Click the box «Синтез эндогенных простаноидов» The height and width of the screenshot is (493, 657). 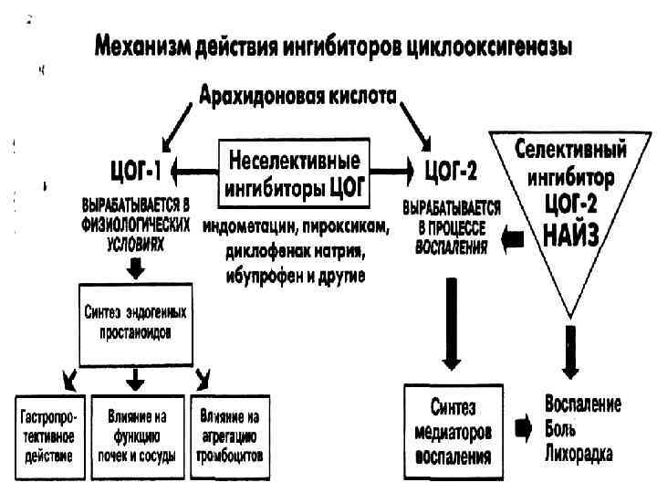[134, 320]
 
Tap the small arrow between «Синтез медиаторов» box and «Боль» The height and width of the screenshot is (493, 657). [523, 428]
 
